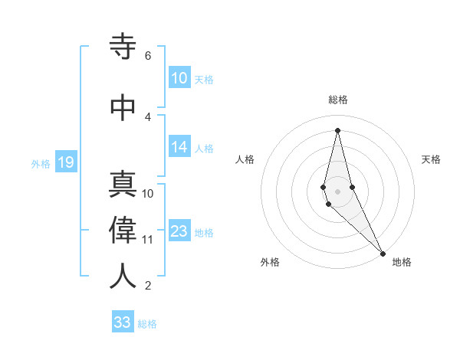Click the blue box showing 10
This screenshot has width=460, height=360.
(x=179, y=78)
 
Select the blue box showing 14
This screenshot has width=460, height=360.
(x=179, y=148)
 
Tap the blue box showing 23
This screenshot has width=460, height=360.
(x=179, y=232)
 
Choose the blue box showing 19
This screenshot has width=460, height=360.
(x=65, y=162)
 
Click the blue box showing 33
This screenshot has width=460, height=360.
(x=123, y=322)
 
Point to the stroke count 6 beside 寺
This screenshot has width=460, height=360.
(x=147, y=56)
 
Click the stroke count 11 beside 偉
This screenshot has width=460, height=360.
(x=148, y=239)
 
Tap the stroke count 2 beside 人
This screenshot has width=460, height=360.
(x=147, y=286)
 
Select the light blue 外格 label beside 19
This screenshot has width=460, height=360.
(x=41, y=163)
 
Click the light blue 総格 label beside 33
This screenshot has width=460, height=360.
(x=147, y=324)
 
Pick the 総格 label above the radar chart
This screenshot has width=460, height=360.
(x=338, y=100)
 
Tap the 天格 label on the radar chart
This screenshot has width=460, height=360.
(x=431, y=159)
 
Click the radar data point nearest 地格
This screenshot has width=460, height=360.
(x=383, y=253)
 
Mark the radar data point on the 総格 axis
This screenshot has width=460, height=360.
(x=337, y=130)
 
